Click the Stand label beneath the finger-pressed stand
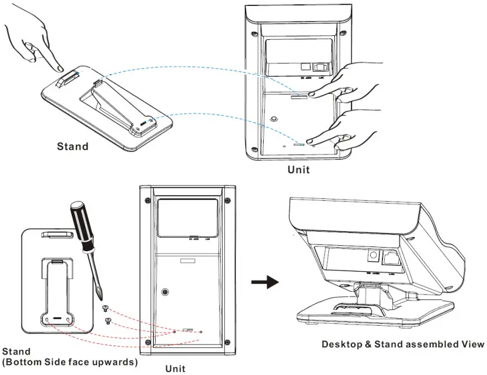pyautogui.click(x=72, y=146)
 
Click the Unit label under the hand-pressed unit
pyautogui.click(x=298, y=170)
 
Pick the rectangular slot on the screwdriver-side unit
pyautogui.click(x=187, y=260)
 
